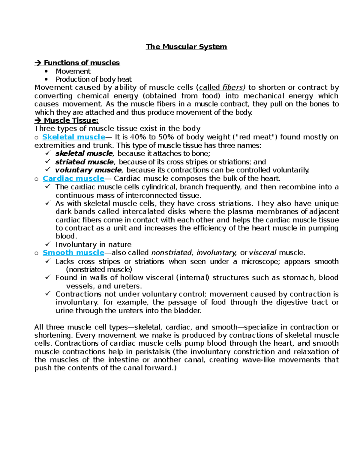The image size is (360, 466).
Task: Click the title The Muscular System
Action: tap(186, 47)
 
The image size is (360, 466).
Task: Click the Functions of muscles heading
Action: tap(82, 63)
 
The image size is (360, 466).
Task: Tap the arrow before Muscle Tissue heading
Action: tap(38, 121)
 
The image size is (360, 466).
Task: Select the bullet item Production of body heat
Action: tap(94, 80)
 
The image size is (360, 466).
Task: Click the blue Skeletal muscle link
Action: tap(73, 137)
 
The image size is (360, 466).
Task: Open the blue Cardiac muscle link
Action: tap(73, 179)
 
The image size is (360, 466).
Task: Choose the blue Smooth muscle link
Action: tap(73, 253)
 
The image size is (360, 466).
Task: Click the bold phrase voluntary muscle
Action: tap(88, 170)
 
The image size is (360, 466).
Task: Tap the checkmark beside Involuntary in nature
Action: tap(48, 244)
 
